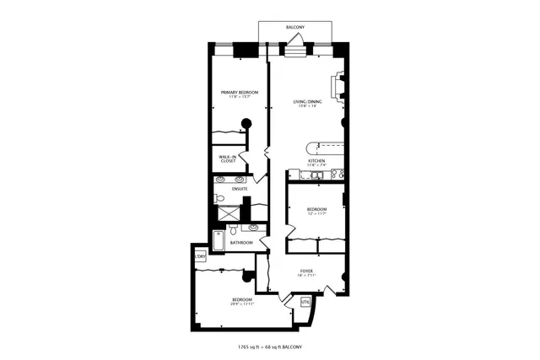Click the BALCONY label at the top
(x=294, y=27)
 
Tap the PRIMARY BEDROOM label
(x=240, y=92)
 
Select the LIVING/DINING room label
(x=308, y=102)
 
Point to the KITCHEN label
(x=317, y=160)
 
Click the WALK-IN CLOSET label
(x=227, y=158)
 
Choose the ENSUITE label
(x=229, y=189)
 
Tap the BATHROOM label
(x=241, y=243)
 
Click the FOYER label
(x=306, y=271)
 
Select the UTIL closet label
(x=305, y=300)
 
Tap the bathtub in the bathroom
(x=217, y=241)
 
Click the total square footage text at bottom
(x=270, y=347)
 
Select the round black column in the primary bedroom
(x=247, y=123)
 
